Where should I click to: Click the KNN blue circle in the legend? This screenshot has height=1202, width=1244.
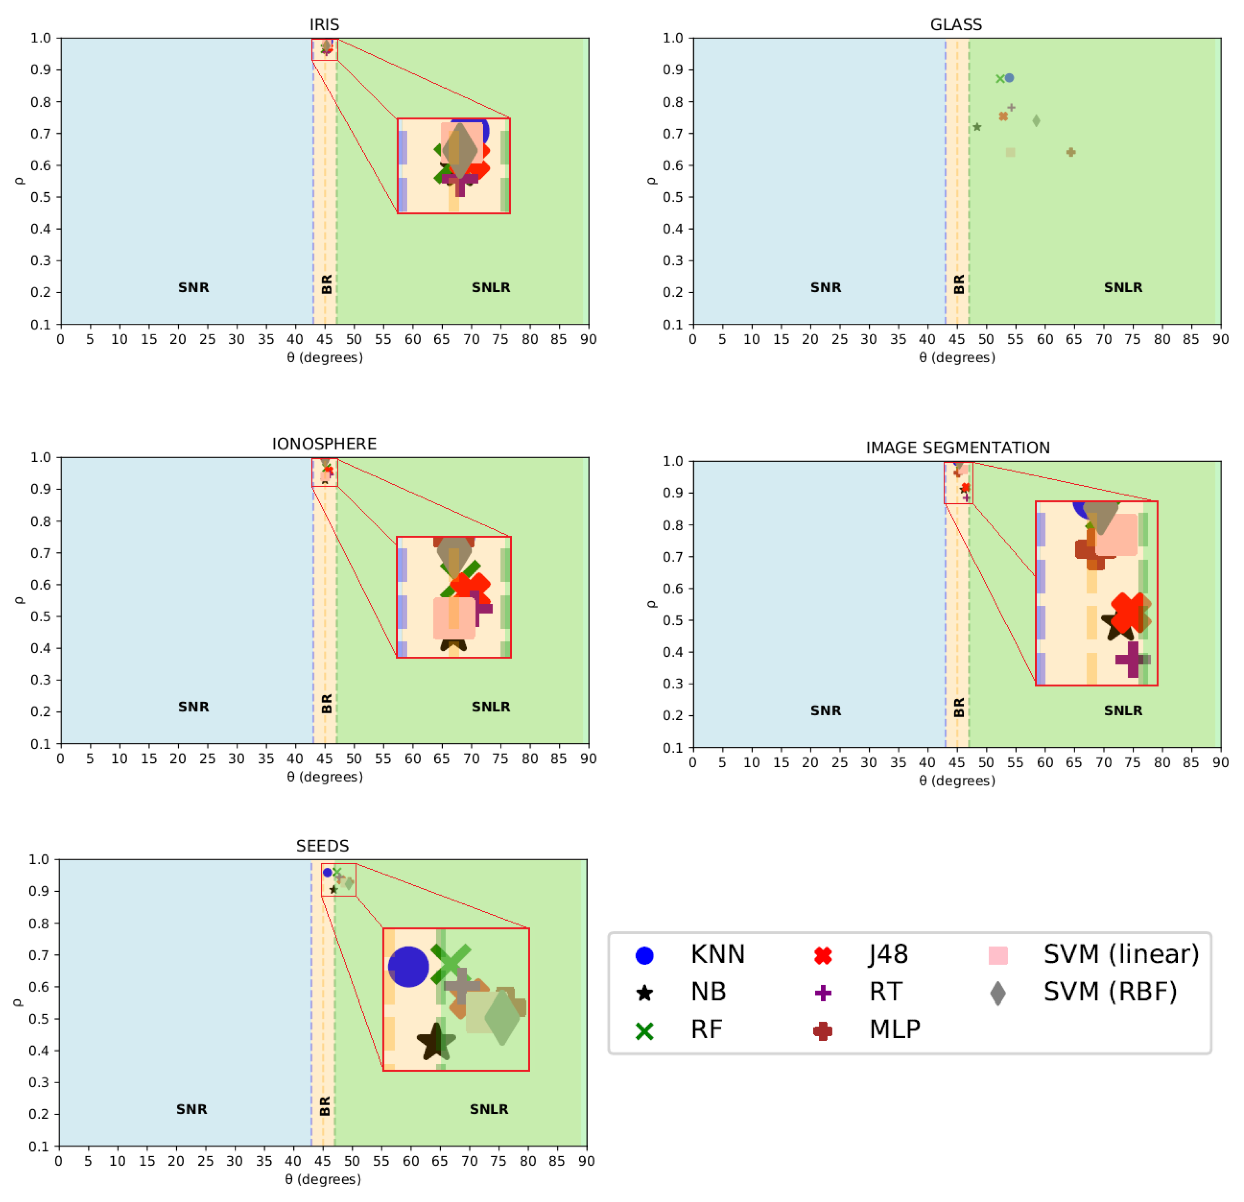(x=644, y=955)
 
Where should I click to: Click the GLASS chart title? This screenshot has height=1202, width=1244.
(x=956, y=25)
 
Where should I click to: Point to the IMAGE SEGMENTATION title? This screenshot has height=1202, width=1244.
(x=957, y=447)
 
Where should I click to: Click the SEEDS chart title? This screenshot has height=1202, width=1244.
(x=323, y=846)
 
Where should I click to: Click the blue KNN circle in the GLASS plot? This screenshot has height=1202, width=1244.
(x=1009, y=78)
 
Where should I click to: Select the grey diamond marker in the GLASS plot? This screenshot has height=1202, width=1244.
(x=1036, y=121)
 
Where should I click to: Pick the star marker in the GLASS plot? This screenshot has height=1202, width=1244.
(x=977, y=127)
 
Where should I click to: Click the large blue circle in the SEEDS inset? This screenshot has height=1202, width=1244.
(x=408, y=967)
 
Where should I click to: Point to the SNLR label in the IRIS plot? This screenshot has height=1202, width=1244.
(x=491, y=287)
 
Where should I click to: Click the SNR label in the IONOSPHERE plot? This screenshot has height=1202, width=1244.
(x=193, y=706)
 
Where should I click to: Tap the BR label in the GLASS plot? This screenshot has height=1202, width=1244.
(x=959, y=284)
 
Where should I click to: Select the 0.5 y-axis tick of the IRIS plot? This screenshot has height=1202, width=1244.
(x=40, y=197)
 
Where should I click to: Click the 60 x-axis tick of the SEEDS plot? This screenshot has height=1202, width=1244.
(x=411, y=1161)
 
